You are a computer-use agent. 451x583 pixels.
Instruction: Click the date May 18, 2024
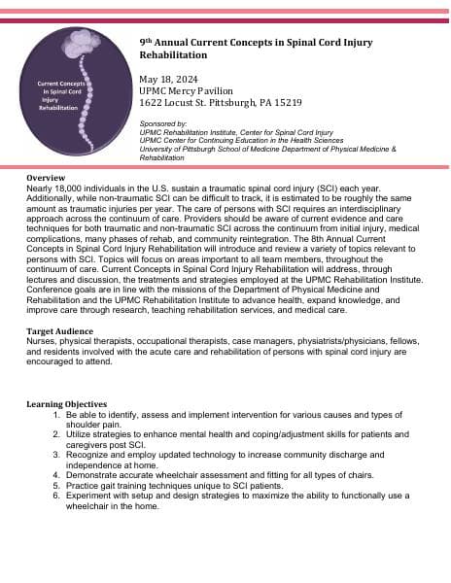point(168,79)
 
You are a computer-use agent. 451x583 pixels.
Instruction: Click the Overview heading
point(45,179)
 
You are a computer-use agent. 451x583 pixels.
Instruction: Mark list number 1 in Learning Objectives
point(56,415)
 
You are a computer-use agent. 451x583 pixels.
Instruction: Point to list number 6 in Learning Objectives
point(56,496)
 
